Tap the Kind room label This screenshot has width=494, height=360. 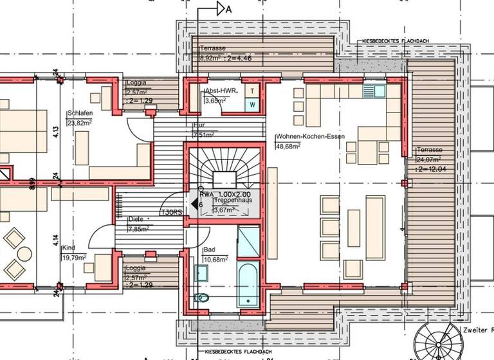click(69, 247)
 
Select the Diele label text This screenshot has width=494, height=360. click(135, 219)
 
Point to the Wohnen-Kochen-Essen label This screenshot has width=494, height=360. click(311, 137)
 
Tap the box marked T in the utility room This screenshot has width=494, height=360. click(253, 91)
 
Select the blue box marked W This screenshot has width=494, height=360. click(253, 104)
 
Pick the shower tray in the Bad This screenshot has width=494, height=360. click(248, 240)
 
